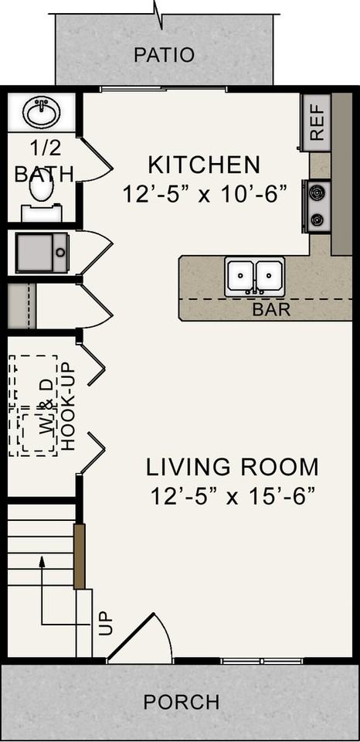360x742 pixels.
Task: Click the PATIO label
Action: pos(164,55)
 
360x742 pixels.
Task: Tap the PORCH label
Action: pos(182,702)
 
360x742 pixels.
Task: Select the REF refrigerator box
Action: pos(316,123)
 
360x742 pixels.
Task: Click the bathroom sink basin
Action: pos(42,114)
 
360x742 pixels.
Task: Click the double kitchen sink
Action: pos(254,277)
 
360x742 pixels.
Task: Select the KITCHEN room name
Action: pos(204,165)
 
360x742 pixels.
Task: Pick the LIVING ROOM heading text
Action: pos(233,467)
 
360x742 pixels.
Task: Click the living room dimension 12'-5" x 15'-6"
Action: pos(233,496)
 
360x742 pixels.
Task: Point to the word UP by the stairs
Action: pos(106,623)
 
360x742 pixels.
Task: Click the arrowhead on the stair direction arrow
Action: pos(42,562)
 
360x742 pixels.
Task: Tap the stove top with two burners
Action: pos(317,206)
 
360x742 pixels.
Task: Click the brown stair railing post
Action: pos(79,556)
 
